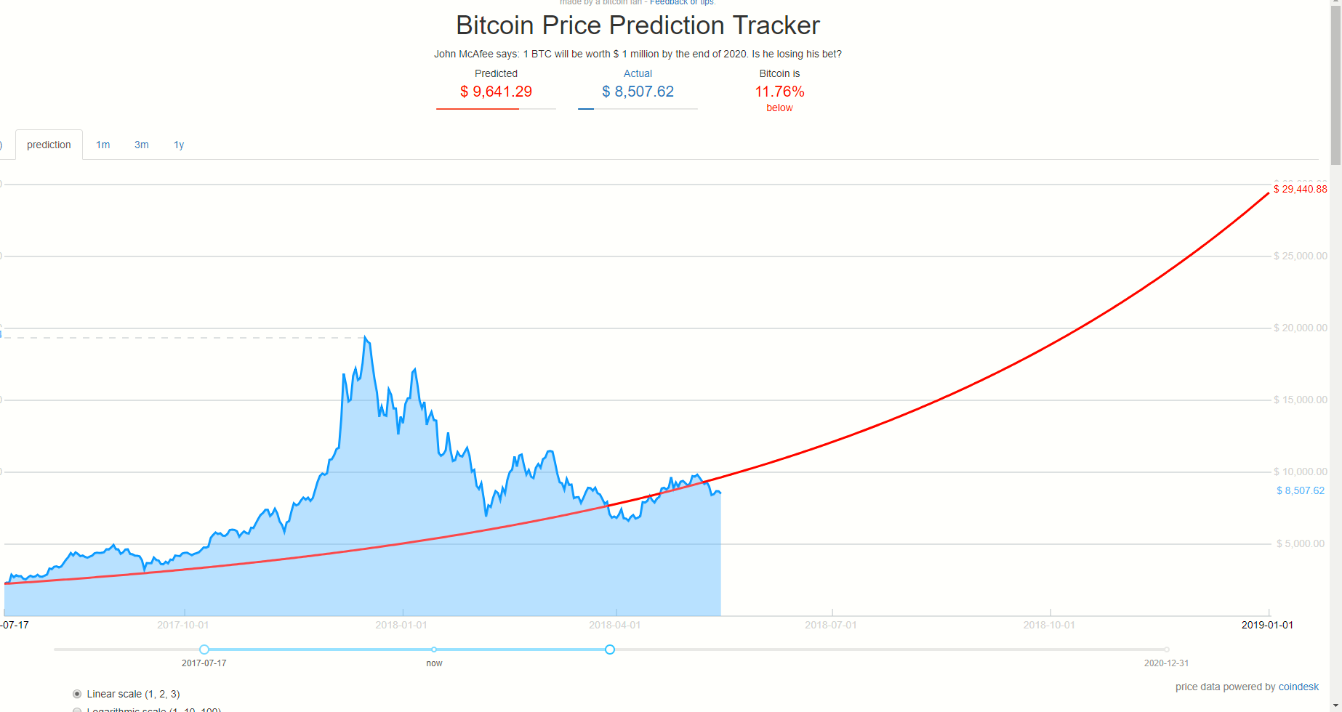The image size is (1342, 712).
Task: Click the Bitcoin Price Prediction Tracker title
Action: point(638,25)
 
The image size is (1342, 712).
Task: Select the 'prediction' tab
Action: point(49,145)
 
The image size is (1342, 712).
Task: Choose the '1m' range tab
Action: point(103,145)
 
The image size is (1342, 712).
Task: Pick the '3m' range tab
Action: point(142,145)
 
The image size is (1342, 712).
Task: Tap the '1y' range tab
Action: point(179,145)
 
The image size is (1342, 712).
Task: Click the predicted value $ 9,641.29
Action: point(496,92)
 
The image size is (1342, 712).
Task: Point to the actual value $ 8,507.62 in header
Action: point(638,92)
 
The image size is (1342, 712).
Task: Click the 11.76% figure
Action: point(779,92)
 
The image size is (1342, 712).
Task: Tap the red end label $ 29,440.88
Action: point(1300,189)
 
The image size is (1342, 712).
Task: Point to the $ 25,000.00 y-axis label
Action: point(1300,256)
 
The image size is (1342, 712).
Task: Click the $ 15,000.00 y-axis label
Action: point(1300,400)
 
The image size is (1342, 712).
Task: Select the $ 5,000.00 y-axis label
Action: point(1300,543)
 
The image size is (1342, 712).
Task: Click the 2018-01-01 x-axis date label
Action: point(401,625)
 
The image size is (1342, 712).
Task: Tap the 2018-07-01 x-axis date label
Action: point(831,625)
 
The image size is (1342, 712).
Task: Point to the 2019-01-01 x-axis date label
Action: point(1267,625)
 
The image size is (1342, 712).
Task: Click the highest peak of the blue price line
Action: point(365,337)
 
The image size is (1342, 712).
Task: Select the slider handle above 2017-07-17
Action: point(204,650)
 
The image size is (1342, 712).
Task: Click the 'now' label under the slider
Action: point(434,663)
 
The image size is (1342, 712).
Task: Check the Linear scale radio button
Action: point(77,694)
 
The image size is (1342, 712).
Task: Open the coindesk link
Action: point(1298,687)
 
